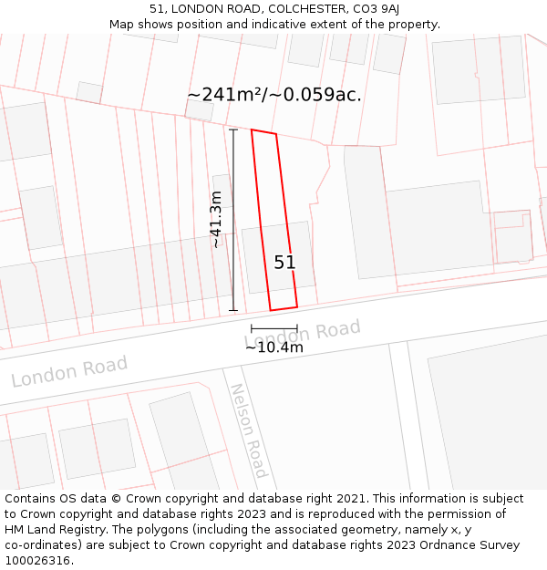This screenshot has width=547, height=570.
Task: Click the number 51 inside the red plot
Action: point(284,263)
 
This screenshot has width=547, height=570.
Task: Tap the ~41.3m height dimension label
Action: point(216,220)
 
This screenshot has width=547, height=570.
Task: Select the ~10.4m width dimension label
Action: point(273,347)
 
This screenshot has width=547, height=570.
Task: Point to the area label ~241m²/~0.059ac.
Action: point(274,95)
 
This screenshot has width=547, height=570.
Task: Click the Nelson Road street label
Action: point(248,430)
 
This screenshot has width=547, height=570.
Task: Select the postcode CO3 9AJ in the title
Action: point(376,9)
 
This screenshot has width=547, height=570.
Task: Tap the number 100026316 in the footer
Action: point(36,561)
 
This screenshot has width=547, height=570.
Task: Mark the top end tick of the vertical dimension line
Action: point(233,130)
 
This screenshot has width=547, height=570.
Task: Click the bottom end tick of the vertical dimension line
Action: point(233,311)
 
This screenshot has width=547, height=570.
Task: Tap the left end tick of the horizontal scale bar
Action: point(252,327)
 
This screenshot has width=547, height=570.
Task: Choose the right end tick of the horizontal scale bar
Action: point(297,327)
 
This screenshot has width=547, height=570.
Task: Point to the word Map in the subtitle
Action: point(121,25)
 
